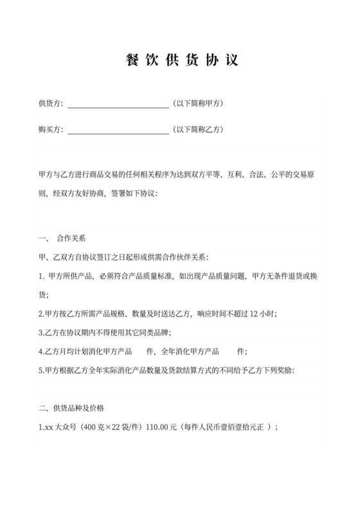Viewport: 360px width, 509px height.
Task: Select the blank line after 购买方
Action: [x=118, y=132]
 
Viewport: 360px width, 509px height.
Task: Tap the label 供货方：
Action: [x=51, y=103]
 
